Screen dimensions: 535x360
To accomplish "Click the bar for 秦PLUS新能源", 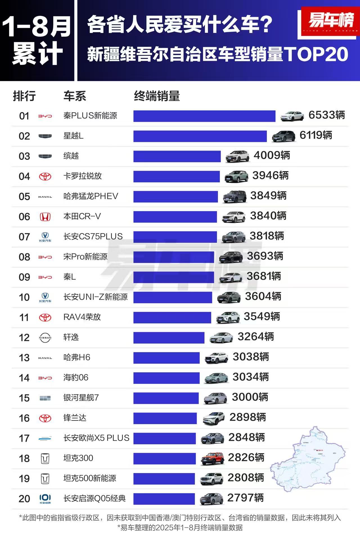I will tap(204, 116).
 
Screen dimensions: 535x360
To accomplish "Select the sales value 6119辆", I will tap(316, 135).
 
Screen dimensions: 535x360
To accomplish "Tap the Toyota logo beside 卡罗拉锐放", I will tap(45, 176).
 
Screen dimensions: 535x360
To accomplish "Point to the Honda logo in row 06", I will tap(45, 217).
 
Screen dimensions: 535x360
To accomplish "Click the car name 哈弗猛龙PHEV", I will tap(91, 196).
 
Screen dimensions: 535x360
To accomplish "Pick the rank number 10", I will tap(24, 297).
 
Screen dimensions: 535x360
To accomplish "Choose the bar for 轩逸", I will tap(169, 338).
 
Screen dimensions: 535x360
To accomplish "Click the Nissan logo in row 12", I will tap(45, 337).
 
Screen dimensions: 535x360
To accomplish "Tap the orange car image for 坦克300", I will tap(212, 458).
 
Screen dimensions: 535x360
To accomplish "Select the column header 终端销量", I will tap(157, 96).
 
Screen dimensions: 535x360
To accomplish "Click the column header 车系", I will tap(75, 96).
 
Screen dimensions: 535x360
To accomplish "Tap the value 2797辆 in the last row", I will tap(245, 498).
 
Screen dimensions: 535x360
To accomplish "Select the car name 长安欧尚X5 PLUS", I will tap(96, 438).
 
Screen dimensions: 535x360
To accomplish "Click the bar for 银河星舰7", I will tap(166, 398).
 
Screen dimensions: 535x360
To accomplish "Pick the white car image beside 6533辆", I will tap(292, 116).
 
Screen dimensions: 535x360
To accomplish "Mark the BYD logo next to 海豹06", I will tap(45, 378).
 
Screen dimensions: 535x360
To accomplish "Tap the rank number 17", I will tap(24, 438).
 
